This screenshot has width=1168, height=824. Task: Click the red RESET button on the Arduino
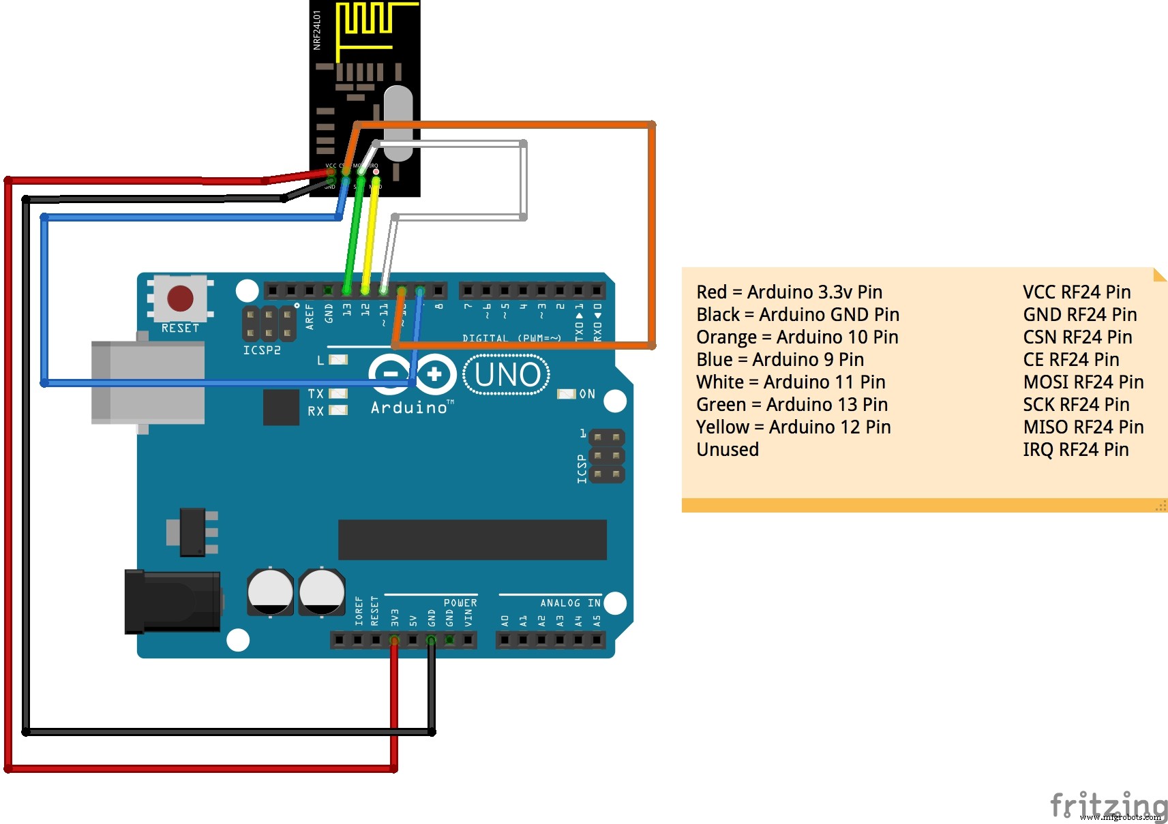coord(180,298)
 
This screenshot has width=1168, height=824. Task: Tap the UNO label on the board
coord(507,375)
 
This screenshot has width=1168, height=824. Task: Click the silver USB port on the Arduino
coord(149,383)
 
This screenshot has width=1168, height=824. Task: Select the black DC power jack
coord(172,602)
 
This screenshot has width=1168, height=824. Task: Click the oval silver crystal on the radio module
coord(398,123)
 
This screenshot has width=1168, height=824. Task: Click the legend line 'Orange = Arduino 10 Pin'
coord(797,337)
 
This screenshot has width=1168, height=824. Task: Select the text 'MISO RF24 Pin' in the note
coord(1083,427)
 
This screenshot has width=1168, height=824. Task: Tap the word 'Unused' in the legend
coord(728,450)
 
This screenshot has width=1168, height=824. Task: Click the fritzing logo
coord(1107,806)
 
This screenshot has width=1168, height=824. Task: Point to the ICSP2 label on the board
coord(262,350)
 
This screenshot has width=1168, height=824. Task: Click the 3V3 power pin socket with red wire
coord(394,640)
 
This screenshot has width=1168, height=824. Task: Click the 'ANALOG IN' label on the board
coord(570,603)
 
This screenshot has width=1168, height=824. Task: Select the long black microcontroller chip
coord(472,540)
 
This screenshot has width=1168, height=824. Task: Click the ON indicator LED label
coord(587,394)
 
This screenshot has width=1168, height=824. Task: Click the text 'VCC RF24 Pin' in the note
coord(1076,292)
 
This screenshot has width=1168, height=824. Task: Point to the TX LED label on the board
coord(316,394)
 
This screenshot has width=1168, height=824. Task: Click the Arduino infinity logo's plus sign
coord(434,374)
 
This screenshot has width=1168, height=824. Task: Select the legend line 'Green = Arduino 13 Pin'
coord(792,405)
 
